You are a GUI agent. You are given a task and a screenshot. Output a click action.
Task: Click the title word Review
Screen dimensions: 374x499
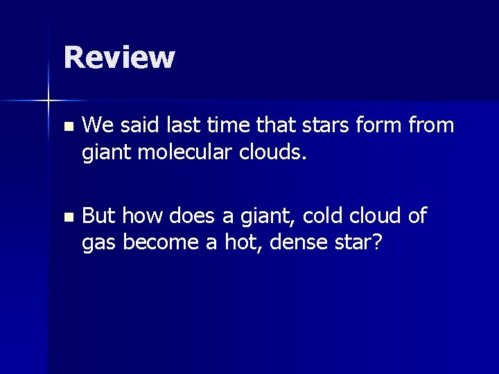pos(119,57)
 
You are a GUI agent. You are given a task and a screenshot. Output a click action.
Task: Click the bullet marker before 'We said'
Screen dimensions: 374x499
pos(67,127)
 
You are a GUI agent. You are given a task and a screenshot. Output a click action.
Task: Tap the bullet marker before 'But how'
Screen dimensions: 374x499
pos(67,217)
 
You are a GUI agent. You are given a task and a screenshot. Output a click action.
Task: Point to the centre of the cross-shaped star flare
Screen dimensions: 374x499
pos(49,101)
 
